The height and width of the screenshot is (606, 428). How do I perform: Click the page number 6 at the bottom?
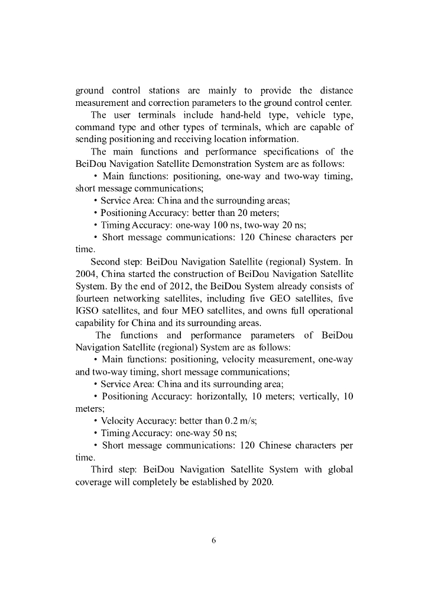pos(214,540)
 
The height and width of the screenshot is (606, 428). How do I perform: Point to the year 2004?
pos(87,273)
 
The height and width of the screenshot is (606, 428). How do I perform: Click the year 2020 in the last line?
pos(261,482)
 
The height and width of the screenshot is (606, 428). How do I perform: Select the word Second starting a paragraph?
pos(106,261)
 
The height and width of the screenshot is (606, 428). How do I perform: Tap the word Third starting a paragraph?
pos(103,470)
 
